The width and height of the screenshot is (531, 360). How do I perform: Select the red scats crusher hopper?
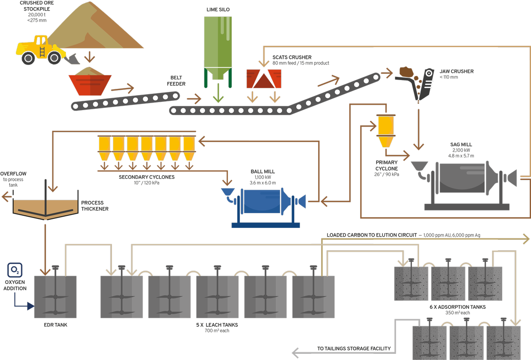tap(264, 79)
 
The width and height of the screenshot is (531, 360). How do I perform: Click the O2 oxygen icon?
tap(15, 270)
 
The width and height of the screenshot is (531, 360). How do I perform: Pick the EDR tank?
tap(55, 296)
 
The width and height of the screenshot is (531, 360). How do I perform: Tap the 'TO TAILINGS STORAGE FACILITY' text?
tap(354, 349)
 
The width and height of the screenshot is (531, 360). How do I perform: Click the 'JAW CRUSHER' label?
tap(456, 71)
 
